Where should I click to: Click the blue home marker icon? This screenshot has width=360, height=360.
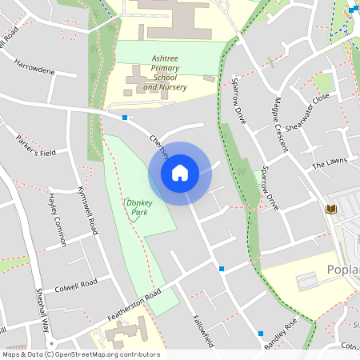[180, 173]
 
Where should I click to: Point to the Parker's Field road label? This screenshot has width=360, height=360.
[36, 145]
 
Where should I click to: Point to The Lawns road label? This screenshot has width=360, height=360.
[330, 162]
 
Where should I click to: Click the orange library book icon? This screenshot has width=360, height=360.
[330, 210]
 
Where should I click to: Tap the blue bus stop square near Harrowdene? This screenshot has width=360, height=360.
[125, 118]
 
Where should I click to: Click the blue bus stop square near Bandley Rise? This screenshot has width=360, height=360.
[260, 333]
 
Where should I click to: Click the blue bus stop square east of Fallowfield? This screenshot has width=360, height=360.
[222, 269]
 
